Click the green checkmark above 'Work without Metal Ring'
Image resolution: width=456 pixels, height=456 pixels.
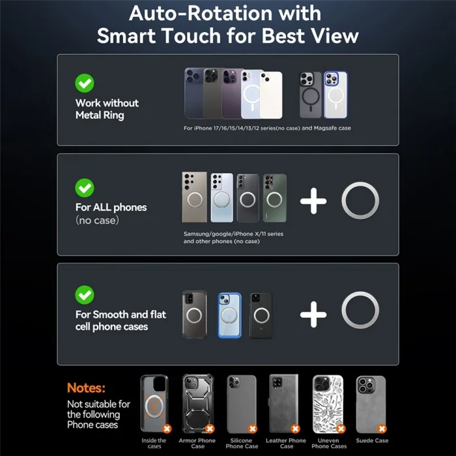84,83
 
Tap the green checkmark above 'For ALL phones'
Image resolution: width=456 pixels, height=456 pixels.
84,188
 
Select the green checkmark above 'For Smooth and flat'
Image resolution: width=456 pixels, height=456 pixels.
84,295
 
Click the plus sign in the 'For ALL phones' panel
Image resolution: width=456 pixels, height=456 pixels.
313,201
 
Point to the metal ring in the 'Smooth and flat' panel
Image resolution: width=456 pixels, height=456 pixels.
360,294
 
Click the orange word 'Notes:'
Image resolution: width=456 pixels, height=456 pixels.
86,388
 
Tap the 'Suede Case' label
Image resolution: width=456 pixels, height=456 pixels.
372,440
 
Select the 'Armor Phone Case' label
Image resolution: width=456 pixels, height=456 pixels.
197,443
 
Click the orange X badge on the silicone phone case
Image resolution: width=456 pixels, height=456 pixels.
253,429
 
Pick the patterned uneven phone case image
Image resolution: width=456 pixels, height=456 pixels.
328,404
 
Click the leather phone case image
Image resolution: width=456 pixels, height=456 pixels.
283,403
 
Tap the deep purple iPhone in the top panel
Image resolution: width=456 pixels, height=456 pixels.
231,94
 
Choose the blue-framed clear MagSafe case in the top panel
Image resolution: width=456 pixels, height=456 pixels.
335,95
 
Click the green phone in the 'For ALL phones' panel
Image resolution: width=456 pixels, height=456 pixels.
274,198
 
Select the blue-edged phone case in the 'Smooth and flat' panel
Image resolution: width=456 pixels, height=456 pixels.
229,315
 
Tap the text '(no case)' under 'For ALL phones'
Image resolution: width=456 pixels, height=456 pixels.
97,220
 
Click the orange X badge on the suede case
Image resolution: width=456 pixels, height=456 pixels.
382,429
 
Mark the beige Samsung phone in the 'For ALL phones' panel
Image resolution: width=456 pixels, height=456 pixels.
195,197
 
